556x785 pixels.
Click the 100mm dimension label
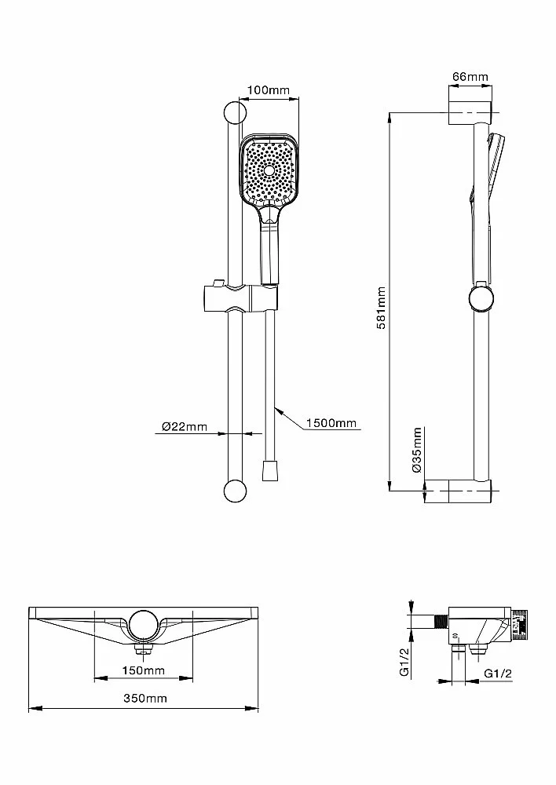[x=269, y=90]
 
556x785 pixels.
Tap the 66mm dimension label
[x=470, y=77]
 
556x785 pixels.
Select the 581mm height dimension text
[x=382, y=308]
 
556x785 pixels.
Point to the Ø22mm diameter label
[x=185, y=426]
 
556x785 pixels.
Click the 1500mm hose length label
[x=331, y=423]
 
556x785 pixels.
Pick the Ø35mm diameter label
[x=417, y=450]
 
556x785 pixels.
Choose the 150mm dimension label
[x=143, y=670]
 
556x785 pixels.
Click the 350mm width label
[x=145, y=698]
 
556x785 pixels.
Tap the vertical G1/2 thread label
[x=404, y=661]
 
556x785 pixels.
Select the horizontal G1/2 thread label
[x=498, y=674]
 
